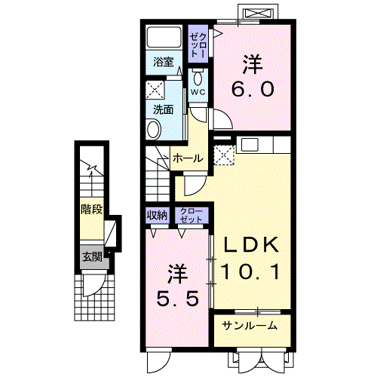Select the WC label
[x=198, y=93]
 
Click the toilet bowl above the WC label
[x=198, y=78]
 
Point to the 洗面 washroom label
[x=164, y=109]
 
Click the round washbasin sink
[x=153, y=130]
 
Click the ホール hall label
[x=186, y=158]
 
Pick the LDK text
[x=250, y=245]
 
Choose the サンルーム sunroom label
[x=249, y=326]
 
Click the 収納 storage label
[x=157, y=216]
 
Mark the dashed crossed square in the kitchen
[x=225, y=155]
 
